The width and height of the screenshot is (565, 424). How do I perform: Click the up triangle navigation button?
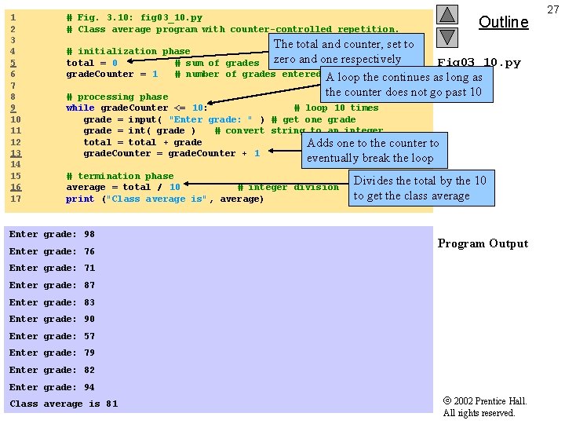pos(447,14)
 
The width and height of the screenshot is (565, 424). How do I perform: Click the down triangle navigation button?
pos(447,36)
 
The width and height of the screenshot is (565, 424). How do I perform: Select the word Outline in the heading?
pos(503,22)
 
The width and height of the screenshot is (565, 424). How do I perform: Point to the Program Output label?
pos(483,243)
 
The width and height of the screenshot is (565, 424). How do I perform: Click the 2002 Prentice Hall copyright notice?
pos(484,407)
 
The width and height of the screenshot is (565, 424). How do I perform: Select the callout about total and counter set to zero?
pos(343,52)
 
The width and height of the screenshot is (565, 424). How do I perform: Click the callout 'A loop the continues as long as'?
pos(403,84)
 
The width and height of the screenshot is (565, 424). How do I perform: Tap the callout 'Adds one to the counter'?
pos(373,150)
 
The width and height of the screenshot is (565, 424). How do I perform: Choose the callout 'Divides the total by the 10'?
pos(420,188)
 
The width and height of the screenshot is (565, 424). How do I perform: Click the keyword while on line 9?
pos(80,108)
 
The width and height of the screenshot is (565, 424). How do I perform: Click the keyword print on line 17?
pos(80,199)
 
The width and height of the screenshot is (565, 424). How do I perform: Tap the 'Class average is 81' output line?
pos(64,404)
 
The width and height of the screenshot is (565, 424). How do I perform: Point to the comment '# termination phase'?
pos(120,176)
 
